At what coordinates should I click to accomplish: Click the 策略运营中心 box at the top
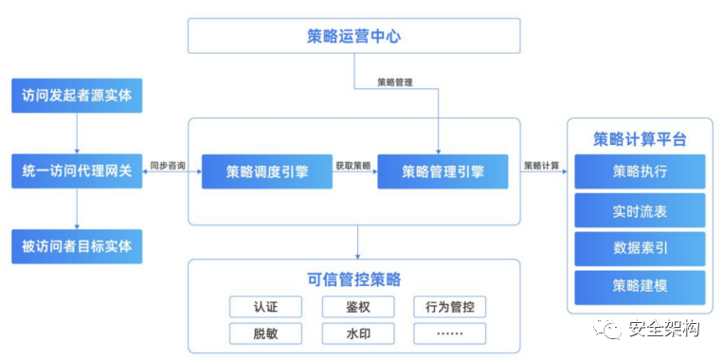point(354,36)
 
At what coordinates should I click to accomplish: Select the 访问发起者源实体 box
point(82,96)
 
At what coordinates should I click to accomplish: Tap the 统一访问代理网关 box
point(82,171)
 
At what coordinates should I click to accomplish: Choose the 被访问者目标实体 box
point(82,246)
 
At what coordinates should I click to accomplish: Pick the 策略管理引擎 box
point(442,172)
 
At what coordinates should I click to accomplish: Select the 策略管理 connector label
point(395,82)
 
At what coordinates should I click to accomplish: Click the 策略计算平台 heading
point(640,139)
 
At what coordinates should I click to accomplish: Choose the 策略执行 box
point(640,172)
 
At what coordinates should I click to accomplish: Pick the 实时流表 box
point(640,210)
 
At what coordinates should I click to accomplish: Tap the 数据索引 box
point(640,247)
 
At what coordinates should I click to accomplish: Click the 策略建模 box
point(640,285)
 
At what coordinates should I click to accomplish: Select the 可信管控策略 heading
point(354,279)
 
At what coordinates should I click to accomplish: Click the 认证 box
point(265,307)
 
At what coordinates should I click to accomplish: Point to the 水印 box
point(357,333)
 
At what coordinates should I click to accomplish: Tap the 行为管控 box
point(449,307)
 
